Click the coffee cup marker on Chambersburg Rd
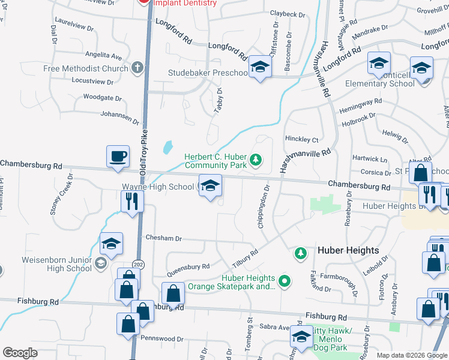coord(118,157)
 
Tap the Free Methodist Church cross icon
coord(137,68)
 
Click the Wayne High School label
coord(158,187)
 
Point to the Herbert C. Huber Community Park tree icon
coord(256,159)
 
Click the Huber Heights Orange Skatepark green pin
coord(286,280)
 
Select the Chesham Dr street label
coord(164,238)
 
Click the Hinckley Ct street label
coord(301,139)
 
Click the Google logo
coord(20,353)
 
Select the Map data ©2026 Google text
coord(412,355)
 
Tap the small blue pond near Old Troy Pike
coord(168,146)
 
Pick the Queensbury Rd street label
coord(188,266)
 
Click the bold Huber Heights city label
coord(348,250)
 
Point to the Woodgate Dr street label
coord(103,97)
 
